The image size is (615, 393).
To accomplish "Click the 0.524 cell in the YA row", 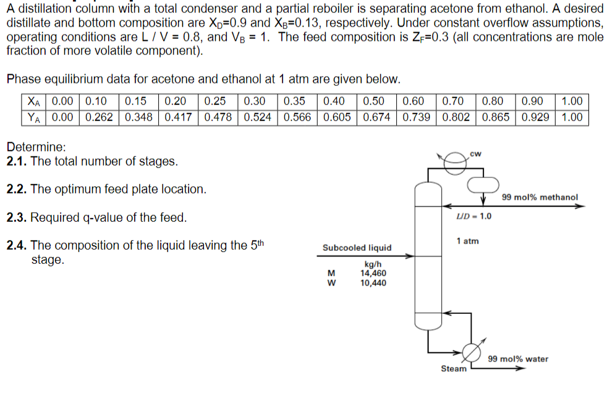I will coord(259,117).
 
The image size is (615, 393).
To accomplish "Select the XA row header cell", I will coord(35,101).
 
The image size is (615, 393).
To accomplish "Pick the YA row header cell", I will coord(35,117).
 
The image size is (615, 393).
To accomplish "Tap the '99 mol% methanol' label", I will coord(540,198).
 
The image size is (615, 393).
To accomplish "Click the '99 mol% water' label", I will coord(518,359).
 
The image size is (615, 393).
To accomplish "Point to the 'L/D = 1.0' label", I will coord(474,216).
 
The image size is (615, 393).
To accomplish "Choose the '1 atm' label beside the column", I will coord(467,241).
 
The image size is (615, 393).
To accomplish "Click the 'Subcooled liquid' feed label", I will coord(357,248).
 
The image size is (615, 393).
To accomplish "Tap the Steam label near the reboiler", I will coord(453,369).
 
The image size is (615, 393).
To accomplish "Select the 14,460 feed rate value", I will coord(373,273).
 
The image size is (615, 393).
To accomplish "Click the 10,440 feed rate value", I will coord(373,283).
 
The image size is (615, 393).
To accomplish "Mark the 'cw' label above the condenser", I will coord(475,153).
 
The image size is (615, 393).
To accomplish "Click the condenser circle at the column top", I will coord(455,159).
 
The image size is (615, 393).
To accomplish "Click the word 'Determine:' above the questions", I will coord(36,148).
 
